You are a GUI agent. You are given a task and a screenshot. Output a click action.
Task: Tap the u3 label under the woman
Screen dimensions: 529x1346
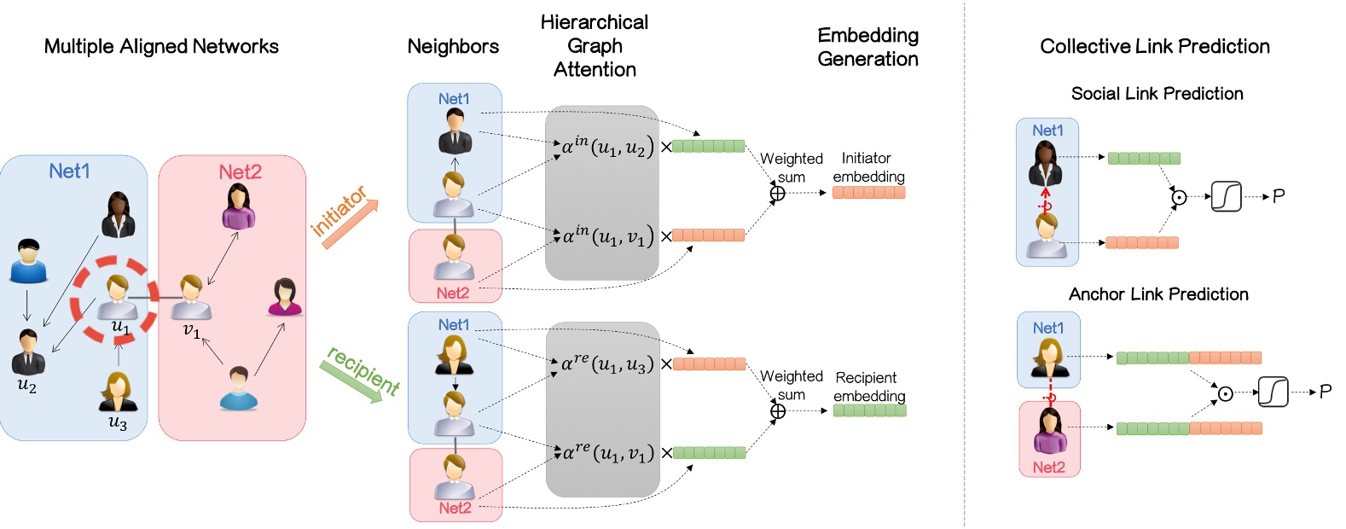point(118,423)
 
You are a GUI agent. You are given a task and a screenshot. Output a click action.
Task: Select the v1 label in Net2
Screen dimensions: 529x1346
point(192,330)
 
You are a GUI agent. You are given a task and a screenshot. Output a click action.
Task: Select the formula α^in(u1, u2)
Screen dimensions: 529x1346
point(607,148)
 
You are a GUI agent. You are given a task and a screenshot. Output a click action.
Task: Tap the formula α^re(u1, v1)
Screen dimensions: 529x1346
point(608,453)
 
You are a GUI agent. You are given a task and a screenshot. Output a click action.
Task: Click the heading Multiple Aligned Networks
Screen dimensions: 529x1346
point(161,47)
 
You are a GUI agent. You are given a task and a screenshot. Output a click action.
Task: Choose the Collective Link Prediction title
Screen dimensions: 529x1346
point(1154,47)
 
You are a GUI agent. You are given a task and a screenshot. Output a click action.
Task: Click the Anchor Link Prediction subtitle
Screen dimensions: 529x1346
point(1158,294)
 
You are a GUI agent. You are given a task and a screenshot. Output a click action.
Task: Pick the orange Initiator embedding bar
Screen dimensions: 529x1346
point(868,193)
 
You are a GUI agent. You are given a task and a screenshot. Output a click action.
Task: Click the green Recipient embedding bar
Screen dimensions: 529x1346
point(869,410)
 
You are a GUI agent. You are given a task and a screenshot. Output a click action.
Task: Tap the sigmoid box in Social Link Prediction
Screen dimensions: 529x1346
point(1226,197)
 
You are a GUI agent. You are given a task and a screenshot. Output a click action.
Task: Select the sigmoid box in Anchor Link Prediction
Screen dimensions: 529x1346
point(1273,392)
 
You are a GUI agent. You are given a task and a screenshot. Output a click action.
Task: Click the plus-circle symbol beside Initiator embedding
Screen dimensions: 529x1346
point(777,194)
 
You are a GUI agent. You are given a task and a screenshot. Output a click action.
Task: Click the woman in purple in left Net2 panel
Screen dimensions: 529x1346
point(239,207)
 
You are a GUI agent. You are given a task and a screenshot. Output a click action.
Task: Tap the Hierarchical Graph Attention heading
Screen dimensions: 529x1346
point(595,46)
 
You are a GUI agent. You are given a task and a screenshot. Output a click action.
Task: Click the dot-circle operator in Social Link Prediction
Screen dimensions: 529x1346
point(1178,197)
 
